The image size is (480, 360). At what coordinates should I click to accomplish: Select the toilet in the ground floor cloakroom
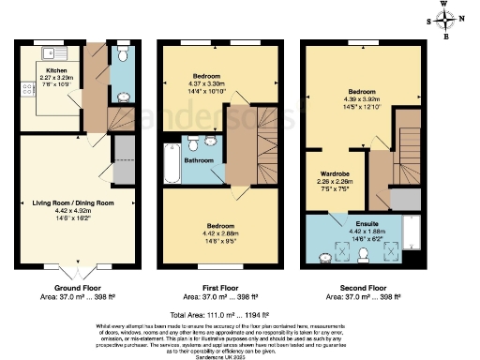124,52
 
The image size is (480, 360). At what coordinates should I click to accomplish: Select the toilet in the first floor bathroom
192,143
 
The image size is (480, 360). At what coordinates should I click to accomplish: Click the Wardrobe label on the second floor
337,173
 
